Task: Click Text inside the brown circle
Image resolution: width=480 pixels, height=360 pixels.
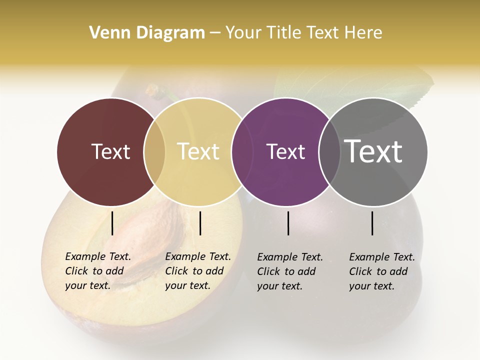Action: tap(110, 151)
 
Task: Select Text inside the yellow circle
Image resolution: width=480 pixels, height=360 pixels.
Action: tap(198, 151)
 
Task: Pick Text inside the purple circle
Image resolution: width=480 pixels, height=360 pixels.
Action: tap(285, 151)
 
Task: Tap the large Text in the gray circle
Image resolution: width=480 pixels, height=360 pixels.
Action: tap(373, 151)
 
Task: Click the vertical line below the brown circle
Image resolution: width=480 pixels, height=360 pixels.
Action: tap(112, 223)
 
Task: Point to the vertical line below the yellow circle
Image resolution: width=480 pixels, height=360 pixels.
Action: tap(200, 223)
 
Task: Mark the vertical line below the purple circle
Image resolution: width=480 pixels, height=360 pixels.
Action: tap(288, 223)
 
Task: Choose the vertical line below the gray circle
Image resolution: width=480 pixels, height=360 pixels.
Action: tap(372, 223)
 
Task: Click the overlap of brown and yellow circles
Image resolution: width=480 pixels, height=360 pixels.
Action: tap(154, 151)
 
